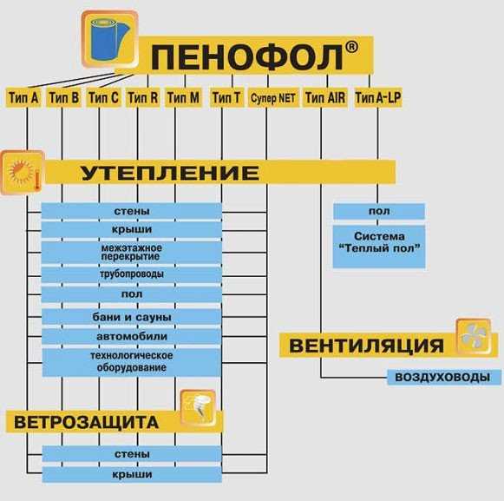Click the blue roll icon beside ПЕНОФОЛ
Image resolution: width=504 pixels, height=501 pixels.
tap(109, 40)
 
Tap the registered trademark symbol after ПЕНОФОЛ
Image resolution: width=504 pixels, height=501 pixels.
tap(351, 47)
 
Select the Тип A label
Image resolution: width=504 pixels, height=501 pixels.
tap(23, 97)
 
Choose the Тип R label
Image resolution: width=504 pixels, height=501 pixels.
tap(143, 97)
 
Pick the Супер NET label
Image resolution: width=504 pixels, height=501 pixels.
tap(273, 98)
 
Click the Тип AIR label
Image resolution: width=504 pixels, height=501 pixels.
tap(325, 97)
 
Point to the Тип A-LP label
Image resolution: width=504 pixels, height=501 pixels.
tap(378, 97)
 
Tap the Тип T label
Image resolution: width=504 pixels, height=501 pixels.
tap(226, 97)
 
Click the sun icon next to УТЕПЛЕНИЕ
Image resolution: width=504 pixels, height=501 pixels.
tap(23, 173)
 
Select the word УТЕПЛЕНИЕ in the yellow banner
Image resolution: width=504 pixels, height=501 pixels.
tap(170, 173)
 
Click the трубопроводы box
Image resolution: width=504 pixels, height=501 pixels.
tap(132, 274)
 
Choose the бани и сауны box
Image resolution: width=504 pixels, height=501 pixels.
tap(132, 317)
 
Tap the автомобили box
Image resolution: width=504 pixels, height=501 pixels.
tap(132, 337)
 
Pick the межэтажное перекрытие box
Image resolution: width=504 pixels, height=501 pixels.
tap(132, 253)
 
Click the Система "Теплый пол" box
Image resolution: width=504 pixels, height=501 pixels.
tap(379, 247)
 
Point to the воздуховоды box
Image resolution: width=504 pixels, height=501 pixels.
tap(444, 377)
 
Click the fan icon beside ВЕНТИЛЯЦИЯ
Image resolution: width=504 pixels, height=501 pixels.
tap(474, 337)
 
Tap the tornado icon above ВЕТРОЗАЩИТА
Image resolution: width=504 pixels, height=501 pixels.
tap(198, 407)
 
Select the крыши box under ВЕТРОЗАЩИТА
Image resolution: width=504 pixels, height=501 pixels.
tap(132, 474)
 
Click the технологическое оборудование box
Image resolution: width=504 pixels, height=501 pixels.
tap(132, 362)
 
